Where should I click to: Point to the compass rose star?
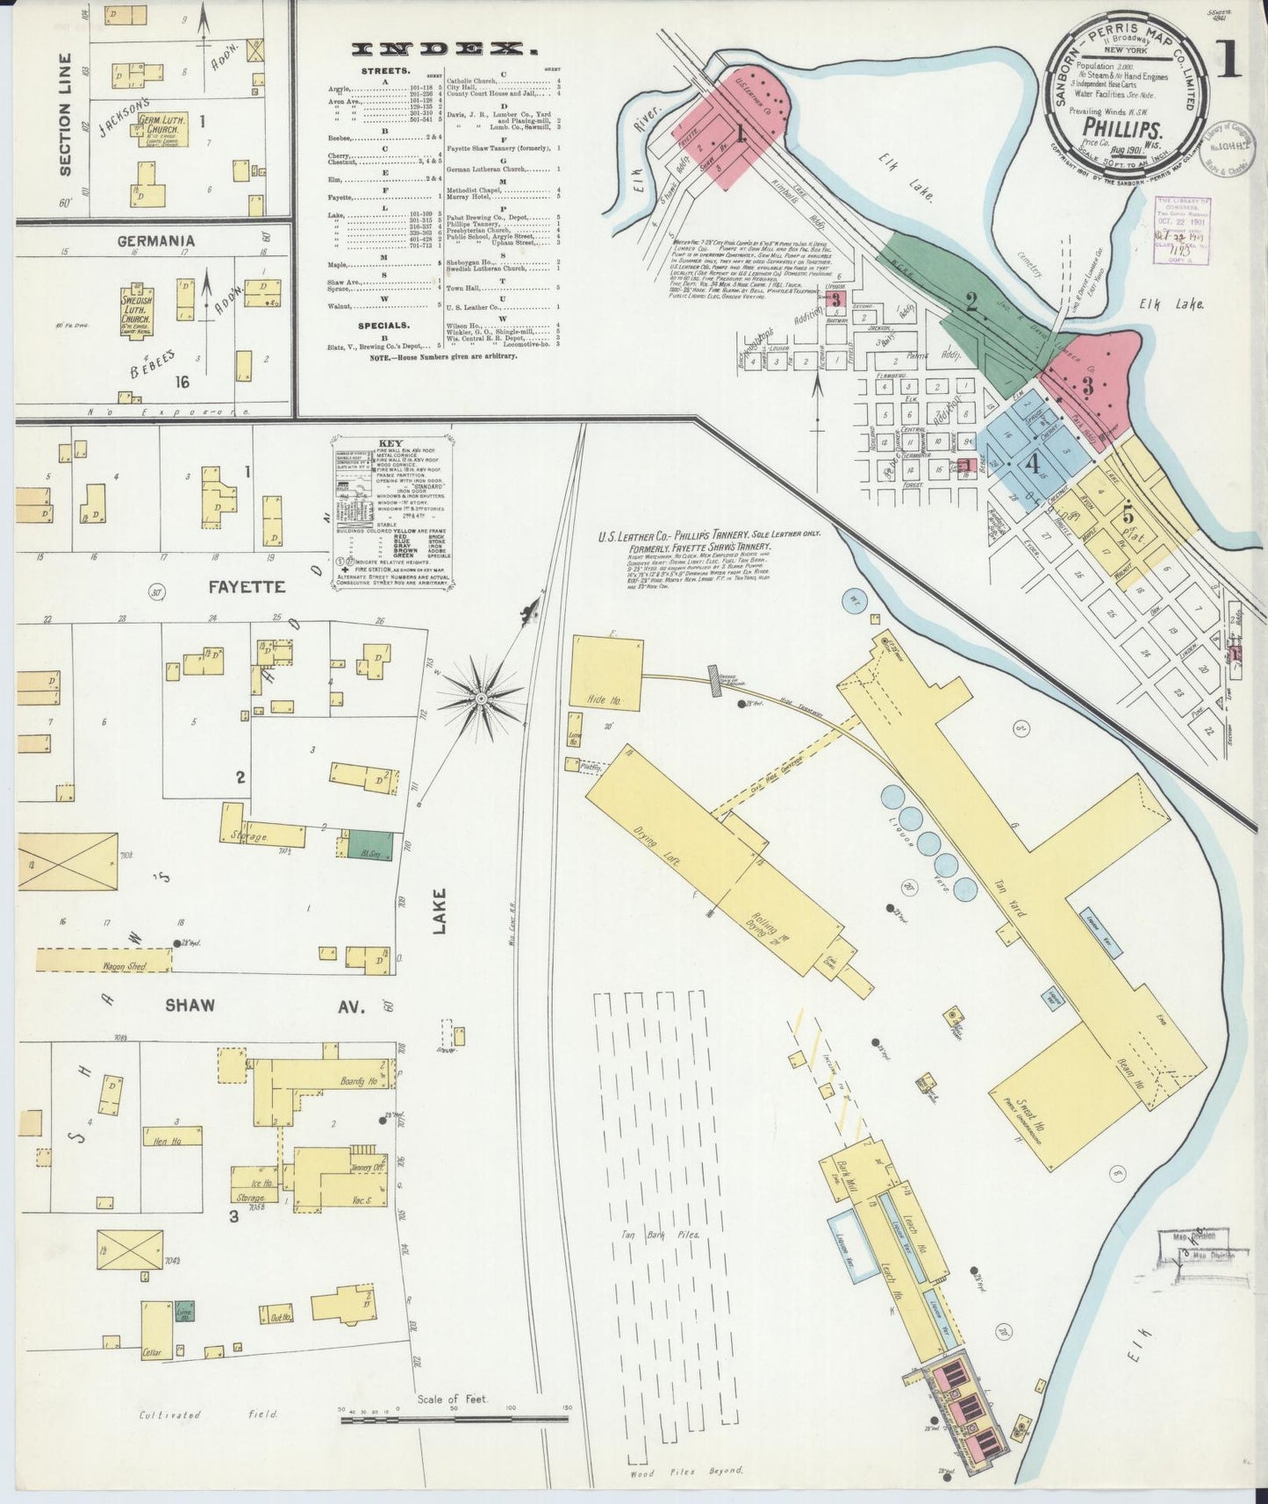click(x=480, y=698)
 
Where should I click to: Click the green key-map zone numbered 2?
click(x=972, y=304)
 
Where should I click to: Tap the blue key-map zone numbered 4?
click(x=1037, y=465)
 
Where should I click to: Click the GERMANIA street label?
click(x=154, y=240)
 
